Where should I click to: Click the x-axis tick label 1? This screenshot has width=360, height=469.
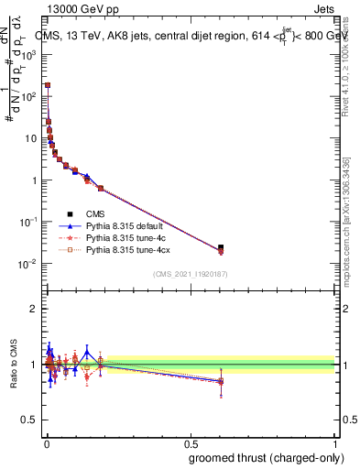click(x=335, y=442)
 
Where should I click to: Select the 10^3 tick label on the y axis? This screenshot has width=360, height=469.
click(x=31, y=54)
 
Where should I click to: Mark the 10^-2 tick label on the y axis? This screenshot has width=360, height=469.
click(x=30, y=264)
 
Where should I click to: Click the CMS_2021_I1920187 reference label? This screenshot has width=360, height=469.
click(x=191, y=274)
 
